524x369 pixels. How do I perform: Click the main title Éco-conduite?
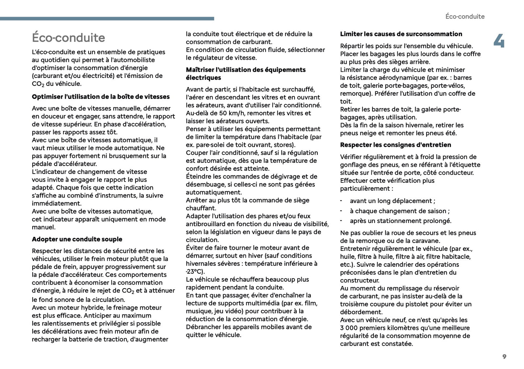[69, 38]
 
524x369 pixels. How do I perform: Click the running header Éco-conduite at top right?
[465, 16]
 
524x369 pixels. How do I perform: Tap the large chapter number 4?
[499, 41]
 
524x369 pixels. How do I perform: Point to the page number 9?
[504, 357]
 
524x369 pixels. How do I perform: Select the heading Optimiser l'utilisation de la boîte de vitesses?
[101, 97]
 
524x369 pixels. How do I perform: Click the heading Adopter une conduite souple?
[77, 239]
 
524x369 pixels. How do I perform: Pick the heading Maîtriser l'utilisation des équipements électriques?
[246, 74]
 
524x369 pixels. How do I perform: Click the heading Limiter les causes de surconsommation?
[401, 34]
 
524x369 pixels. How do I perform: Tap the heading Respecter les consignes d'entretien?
[396, 145]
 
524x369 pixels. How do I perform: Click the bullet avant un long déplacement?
[392, 201]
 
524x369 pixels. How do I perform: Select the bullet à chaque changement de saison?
[400, 211]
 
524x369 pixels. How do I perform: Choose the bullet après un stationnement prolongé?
[400, 221]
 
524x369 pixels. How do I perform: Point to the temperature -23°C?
[195, 271]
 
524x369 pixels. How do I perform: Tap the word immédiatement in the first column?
[57, 203]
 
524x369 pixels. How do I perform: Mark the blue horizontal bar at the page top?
[107, 18]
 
